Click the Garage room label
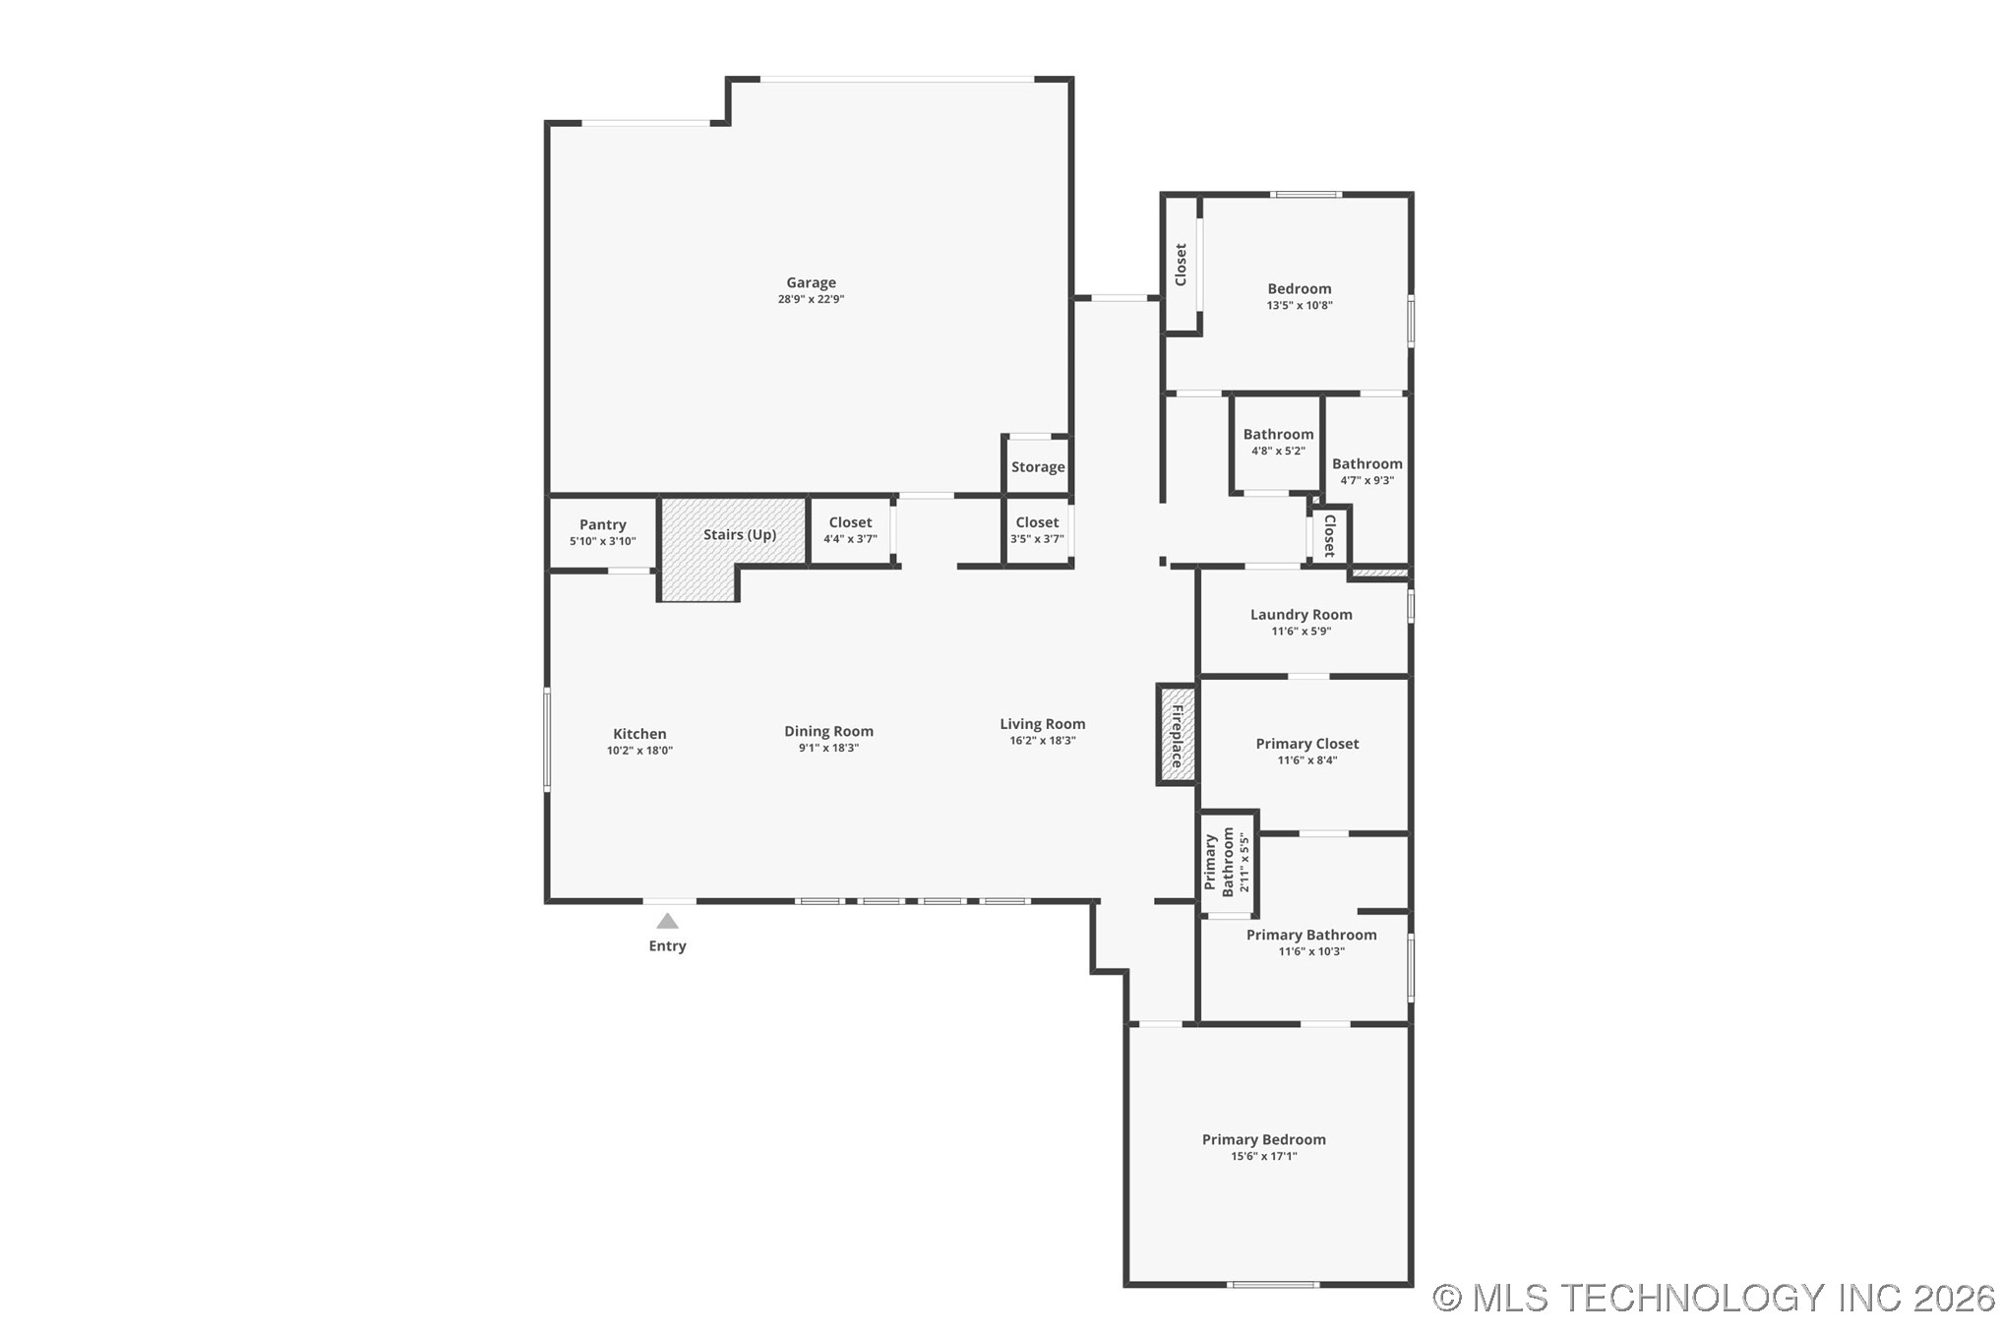811,282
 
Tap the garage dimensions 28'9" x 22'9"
811,299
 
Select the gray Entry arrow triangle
667,922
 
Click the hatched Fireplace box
1177,735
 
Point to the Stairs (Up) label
740,534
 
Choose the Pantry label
602,524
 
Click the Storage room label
1038,467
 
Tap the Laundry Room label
1301,614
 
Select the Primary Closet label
1306,744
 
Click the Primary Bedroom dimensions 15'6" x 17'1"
1263,1156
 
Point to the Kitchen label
639,733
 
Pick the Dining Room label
828,731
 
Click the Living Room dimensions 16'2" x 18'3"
1042,741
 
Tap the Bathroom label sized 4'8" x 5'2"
1278,434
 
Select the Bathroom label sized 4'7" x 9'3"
1366,463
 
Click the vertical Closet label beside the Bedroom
1181,265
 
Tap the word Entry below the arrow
667,945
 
